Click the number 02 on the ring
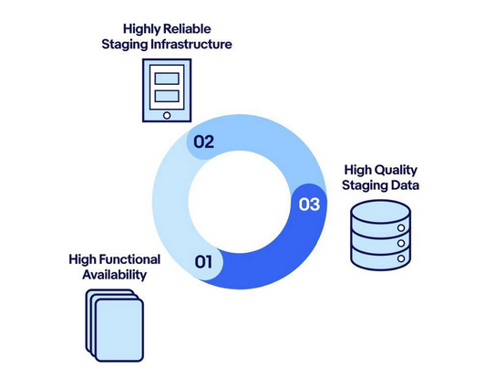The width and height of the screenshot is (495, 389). point(203,142)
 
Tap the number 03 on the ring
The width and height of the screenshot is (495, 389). point(309,205)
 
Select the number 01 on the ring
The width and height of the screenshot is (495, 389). point(203,262)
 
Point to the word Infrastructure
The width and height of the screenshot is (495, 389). point(191,44)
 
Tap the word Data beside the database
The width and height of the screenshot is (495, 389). point(405,185)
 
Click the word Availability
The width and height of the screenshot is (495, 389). point(115,275)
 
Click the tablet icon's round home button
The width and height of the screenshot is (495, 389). point(167,115)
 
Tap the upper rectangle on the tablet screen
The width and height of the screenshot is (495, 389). point(167,79)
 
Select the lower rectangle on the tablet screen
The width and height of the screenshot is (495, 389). point(167,96)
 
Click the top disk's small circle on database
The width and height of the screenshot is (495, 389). point(401,228)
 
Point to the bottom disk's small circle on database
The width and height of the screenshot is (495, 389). point(401,258)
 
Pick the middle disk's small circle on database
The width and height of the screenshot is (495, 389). point(401,243)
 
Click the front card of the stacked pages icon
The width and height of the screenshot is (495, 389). point(119,330)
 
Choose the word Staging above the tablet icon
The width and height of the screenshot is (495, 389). point(125,45)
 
